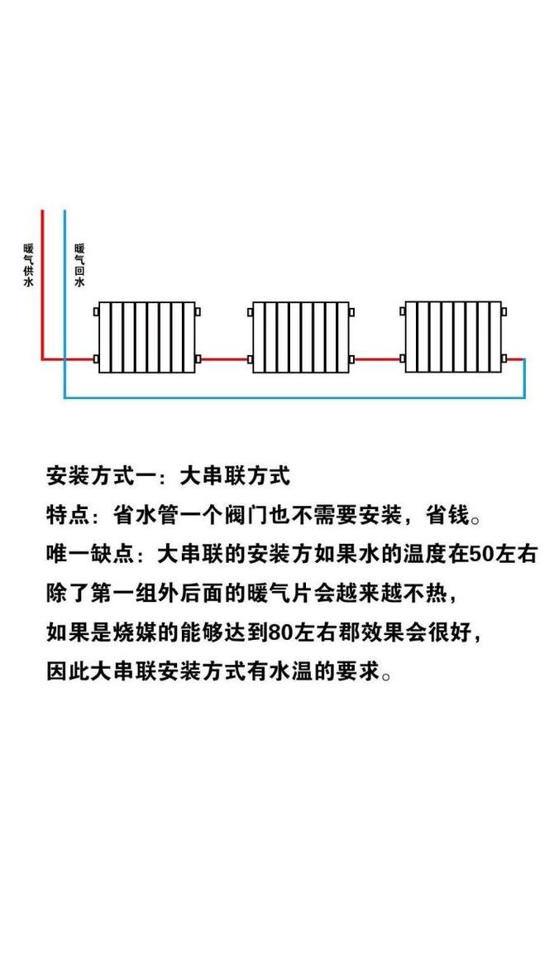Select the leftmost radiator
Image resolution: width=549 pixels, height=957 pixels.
[147, 337]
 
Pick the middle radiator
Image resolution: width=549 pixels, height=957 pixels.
[300, 337]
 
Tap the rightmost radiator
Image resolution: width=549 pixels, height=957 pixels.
[454, 337]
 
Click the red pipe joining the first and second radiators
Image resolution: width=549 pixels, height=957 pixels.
[224, 359]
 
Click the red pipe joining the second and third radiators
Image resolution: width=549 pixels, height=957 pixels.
[377, 359]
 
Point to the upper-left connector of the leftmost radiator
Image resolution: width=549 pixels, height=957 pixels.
[96, 312]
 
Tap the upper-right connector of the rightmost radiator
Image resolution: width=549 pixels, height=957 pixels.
[504, 312]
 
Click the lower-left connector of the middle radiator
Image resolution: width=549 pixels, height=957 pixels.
[251, 359]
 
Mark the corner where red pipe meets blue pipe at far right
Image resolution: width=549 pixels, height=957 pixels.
[524, 359]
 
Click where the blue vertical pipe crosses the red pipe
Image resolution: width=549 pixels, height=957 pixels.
[64, 359]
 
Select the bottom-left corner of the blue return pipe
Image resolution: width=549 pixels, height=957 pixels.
[64, 397]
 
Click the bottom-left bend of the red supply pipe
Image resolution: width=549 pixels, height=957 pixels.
[43, 359]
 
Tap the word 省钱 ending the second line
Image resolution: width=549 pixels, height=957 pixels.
[448, 515]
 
